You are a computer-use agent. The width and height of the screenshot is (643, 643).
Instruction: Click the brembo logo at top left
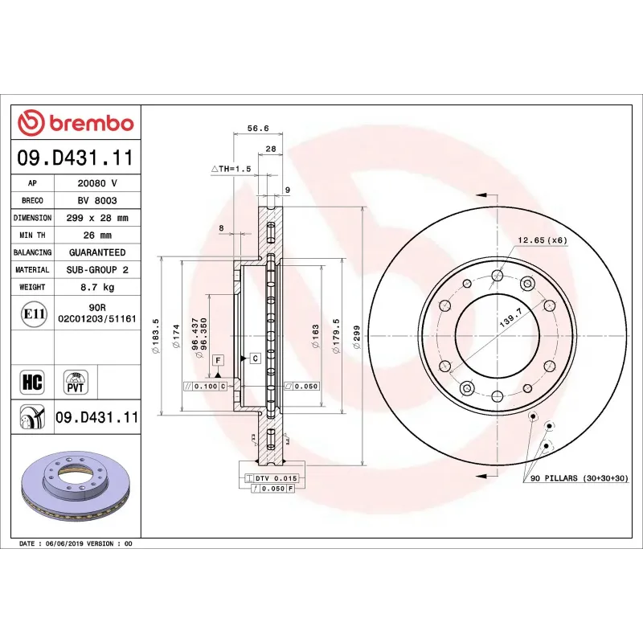(76, 123)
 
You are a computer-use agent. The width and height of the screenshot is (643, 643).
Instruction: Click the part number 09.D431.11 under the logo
(76, 158)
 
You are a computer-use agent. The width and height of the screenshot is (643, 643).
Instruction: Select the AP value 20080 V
(97, 183)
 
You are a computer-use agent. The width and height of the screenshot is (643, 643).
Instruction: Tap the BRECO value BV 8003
(97, 200)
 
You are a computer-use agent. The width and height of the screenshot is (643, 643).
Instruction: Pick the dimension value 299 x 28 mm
(97, 218)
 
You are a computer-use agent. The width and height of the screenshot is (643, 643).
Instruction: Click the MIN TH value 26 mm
(97, 235)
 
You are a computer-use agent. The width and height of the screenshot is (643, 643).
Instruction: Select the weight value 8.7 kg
(97, 287)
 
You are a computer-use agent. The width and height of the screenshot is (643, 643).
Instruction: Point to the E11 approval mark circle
(33, 313)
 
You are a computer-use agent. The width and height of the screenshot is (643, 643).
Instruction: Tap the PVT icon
(75, 381)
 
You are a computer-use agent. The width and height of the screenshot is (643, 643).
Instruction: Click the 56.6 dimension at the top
(257, 128)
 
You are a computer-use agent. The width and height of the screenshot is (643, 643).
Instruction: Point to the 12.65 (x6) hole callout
(542, 240)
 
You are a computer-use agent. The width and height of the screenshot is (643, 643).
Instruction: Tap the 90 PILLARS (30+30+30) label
(584, 478)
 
